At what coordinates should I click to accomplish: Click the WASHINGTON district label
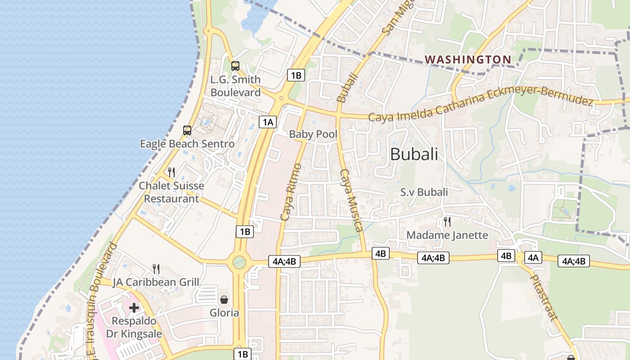468,59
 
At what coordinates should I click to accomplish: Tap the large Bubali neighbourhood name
414,154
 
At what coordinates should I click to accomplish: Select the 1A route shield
268,121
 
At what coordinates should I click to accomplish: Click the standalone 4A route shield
533,257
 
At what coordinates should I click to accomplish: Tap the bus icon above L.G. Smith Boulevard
235,66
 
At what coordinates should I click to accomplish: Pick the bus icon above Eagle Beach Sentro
187,130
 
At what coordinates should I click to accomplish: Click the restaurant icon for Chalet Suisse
171,172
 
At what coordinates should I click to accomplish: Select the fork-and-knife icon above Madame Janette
447,221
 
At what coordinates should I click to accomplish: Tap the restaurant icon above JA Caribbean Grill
156,269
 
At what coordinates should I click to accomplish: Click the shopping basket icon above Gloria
224,299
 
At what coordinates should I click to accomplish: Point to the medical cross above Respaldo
134,308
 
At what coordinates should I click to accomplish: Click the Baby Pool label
313,134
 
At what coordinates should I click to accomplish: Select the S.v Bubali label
424,192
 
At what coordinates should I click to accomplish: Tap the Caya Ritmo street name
291,192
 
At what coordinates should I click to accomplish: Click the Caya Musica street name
351,200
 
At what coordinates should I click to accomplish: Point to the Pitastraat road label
544,298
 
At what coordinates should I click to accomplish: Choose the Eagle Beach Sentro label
187,144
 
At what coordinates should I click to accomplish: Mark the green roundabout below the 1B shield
239,261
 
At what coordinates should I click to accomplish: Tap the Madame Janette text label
447,235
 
